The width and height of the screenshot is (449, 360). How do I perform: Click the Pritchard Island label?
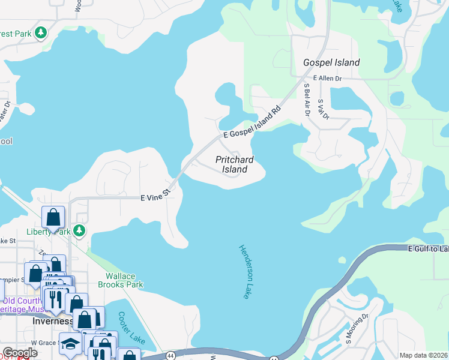point(234,164)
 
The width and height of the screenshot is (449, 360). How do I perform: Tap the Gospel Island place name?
point(331,62)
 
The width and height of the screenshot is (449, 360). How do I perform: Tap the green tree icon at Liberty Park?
point(79,232)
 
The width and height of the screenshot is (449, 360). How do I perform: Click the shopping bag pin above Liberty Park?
point(53,217)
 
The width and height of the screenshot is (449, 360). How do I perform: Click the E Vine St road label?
point(155,196)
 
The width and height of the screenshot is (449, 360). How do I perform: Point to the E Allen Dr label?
point(327,79)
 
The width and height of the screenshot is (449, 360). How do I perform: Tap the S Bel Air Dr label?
point(307,98)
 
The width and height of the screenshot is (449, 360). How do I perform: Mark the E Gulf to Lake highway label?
point(427,248)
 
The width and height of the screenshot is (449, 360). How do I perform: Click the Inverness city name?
point(52,321)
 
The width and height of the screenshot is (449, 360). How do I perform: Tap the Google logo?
point(20,353)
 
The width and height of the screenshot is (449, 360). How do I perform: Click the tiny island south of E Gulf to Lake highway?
point(342,260)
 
